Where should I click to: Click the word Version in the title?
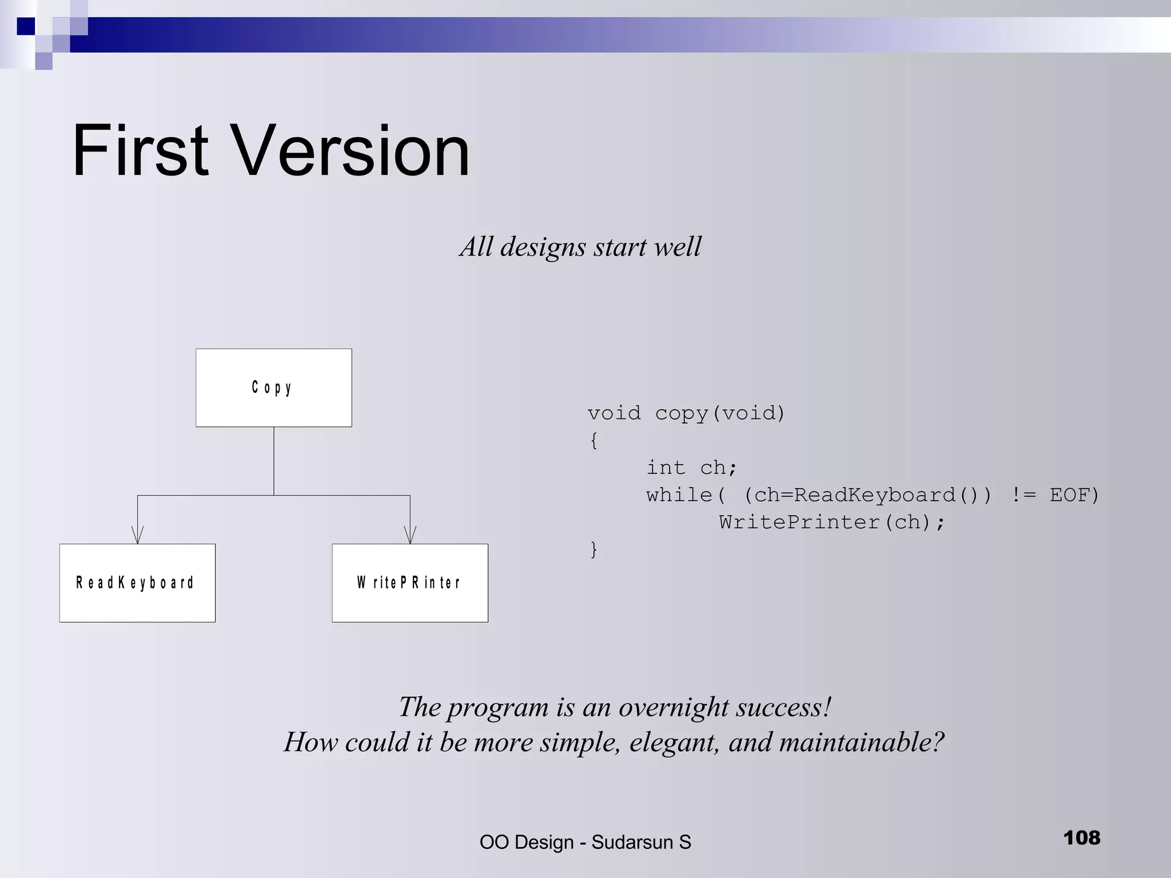350,151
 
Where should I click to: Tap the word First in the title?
140,151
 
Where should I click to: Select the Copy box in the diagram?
273,388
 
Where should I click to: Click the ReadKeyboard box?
137,582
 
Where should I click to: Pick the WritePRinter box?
409,582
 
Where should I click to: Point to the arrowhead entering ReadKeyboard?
137,536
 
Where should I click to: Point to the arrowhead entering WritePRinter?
410,536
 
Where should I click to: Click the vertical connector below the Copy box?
274,460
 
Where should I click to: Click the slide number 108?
1081,838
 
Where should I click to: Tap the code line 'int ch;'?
691,468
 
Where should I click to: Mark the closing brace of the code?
594,549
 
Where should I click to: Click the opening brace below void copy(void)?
594,441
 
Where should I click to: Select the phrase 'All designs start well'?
580,247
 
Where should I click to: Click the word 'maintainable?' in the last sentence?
861,743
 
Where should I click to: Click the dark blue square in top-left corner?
26,26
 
